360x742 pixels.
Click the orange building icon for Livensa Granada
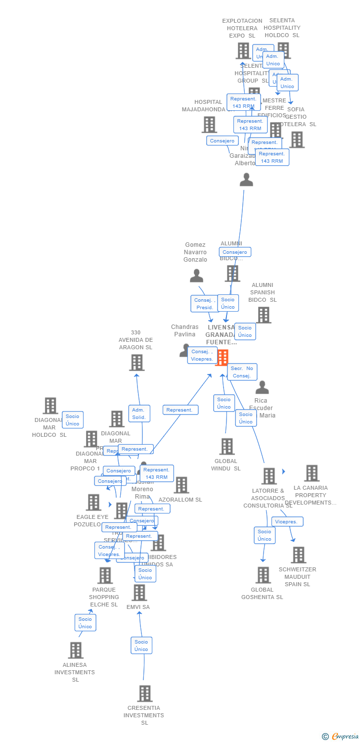tap(222, 357)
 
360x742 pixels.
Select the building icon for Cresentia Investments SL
tap(144, 694)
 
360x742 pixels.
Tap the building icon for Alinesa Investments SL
tap(76, 650)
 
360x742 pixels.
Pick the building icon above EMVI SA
tap(139, 593)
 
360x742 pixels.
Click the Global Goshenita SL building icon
tap(263, 575)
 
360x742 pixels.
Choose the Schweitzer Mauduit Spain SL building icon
tap(298, 555)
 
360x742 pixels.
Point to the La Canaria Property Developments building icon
tap(312, 473)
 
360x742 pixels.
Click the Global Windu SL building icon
tap(227, 446)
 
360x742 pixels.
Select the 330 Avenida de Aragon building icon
tap(136, 363)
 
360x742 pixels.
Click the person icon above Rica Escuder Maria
tap(262, 387)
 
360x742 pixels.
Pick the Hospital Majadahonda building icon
tap(209, 125)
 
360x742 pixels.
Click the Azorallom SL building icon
tap(181, 485)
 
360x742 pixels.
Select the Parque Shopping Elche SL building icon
tap(105, 575)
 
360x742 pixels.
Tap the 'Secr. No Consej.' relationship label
tap(242, 372)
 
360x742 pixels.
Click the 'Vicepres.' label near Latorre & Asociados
tap(287, 522)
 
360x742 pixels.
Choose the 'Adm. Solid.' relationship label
tap(139, 414)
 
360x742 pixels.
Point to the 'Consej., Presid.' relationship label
tap(205, 304)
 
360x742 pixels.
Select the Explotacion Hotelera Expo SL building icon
tap(243, 50)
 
